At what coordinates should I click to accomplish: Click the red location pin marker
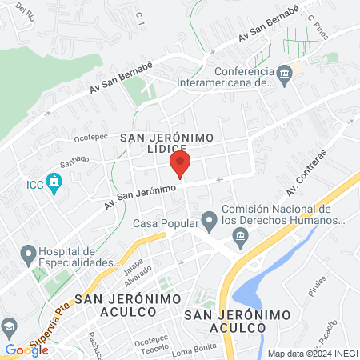pos(180,166)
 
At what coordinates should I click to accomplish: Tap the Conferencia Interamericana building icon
pos(285,75)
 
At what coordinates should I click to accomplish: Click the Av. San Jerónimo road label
pos(139,194)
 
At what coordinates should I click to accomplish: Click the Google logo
pos(26,350)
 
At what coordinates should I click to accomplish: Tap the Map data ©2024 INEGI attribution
pos(312,354)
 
